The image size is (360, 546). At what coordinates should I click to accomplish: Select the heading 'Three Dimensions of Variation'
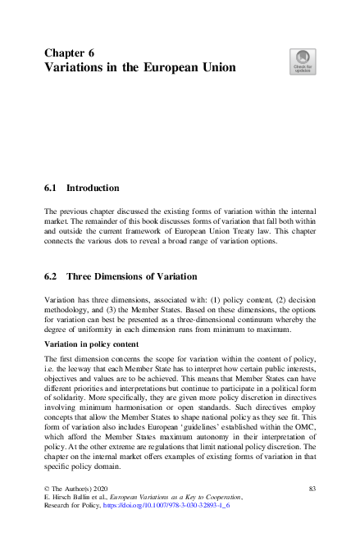[x=132, y=276]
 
